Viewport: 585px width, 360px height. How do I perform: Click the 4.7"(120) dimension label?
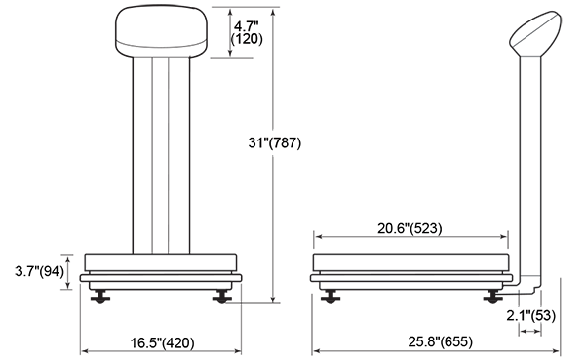(247, 33)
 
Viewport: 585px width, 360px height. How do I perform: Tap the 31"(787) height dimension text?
(275, 142)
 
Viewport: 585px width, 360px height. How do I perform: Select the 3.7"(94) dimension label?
(40, 271)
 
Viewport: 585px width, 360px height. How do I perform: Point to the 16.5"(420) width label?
(162, 342)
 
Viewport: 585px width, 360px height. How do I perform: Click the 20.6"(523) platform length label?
(409, 228)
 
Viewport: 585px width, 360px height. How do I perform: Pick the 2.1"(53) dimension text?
(531, 315)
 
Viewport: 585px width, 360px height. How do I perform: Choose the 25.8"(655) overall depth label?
(441, 341)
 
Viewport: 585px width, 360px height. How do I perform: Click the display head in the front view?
(161, 32)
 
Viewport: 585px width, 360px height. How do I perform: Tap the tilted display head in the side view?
(535, 33)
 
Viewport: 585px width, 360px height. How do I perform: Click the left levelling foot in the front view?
(100, 297)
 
